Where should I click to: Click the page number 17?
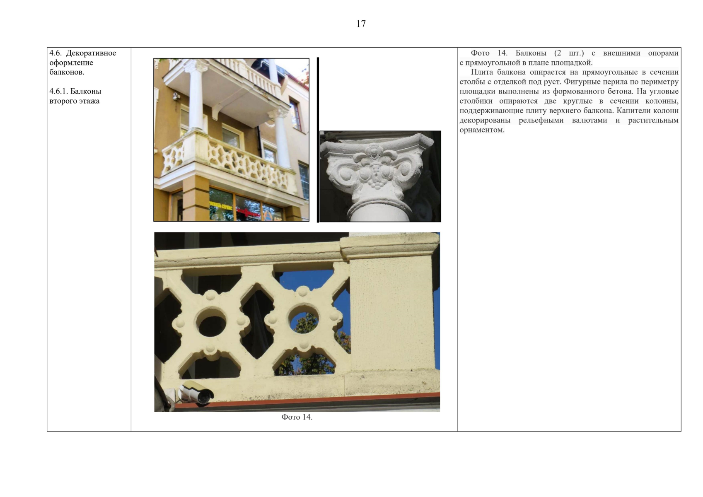(x=361, y=24)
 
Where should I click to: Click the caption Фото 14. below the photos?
(x=297, y=417)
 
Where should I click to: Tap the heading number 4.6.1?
(x=58, y=91)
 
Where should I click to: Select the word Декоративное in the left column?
(x=91, y=53)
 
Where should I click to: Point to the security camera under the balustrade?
(x=196, y=393)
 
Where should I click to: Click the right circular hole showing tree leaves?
(x=303, y=319)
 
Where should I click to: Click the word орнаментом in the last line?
(x=482, y=130)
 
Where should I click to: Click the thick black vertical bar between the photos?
(x=318, y=140)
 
